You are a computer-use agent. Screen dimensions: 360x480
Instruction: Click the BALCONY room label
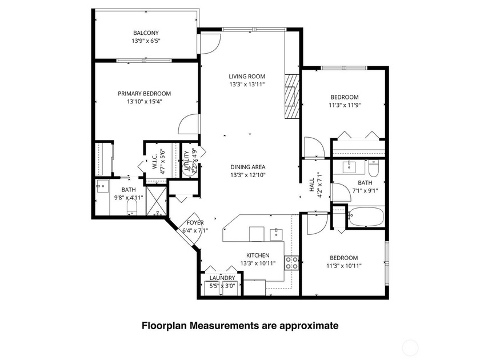pyautogui.click(x=146, y=33)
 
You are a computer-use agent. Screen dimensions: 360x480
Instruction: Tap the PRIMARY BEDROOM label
pyautogui.click(x=144, y=94)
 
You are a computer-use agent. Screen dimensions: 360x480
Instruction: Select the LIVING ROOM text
pyautogui.click(x=247, y=77)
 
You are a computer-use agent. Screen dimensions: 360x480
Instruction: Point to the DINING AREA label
pyautogui.click(x=248, y=167)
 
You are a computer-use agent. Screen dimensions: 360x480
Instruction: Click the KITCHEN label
pyautogui.click(x=258, y=255)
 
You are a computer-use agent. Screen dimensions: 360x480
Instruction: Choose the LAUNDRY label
pyautogui.click(x=222, y=278)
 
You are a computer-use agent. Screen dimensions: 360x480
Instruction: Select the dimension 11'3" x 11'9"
pyautogui.click(x=344, y=105)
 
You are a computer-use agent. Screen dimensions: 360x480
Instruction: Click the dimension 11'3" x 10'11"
pyautogui.click(x=343, y=265)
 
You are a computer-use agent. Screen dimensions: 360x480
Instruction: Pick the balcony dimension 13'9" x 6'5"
pyautogui.click(x=146, y=41)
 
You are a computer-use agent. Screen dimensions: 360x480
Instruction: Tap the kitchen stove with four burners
pyautogui.click(x=291, y=263)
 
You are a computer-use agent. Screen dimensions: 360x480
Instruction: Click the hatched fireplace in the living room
pyautogui.click(x=292, y=96)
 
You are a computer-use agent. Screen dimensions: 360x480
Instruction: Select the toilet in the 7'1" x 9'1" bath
pyautogui.click(x=374, y=169)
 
